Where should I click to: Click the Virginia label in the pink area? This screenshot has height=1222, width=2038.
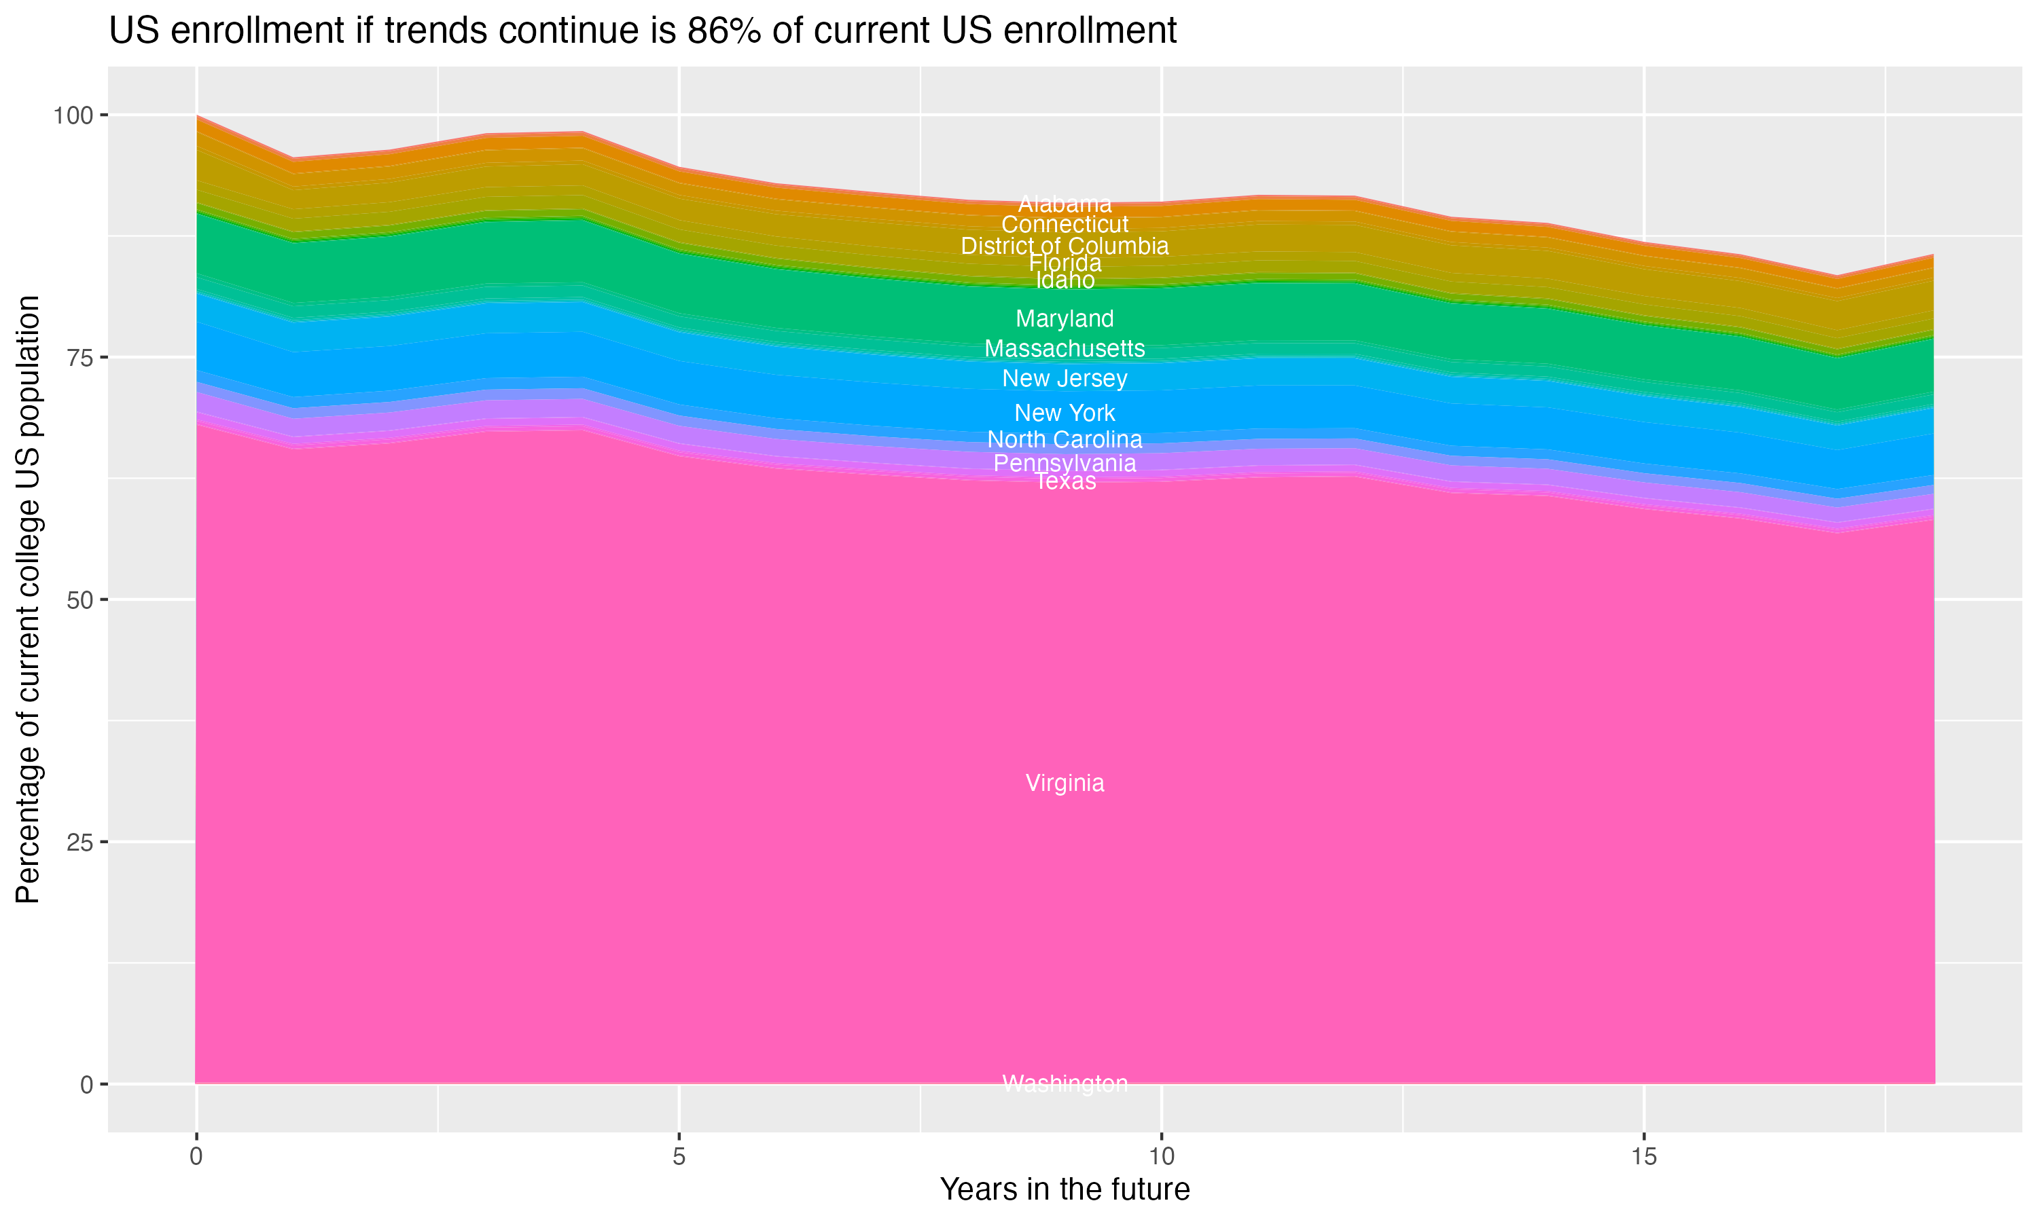pos(1065,783)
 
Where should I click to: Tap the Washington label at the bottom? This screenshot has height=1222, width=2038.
pos(1065,1084)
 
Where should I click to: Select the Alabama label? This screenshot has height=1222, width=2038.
pos(1065,204)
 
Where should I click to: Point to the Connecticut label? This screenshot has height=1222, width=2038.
pos(1065,224)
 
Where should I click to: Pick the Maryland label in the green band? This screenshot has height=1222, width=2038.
pos(1065,318)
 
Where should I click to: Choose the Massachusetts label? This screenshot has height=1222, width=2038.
pos(1065,348)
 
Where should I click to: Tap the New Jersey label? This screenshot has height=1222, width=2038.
pos(1065,379)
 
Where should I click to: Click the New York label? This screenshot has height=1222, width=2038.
pos(1065,413)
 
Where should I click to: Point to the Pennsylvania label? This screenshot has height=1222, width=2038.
pos(1065,463)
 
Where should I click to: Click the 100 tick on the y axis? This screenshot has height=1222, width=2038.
pos(73,115)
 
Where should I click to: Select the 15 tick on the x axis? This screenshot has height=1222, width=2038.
pos(1643,1157)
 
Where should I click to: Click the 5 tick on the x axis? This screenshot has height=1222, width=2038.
pos(679,1157)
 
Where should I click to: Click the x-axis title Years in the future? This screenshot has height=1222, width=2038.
pos(1065,1189)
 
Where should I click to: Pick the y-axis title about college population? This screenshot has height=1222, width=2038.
pos(28,599)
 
